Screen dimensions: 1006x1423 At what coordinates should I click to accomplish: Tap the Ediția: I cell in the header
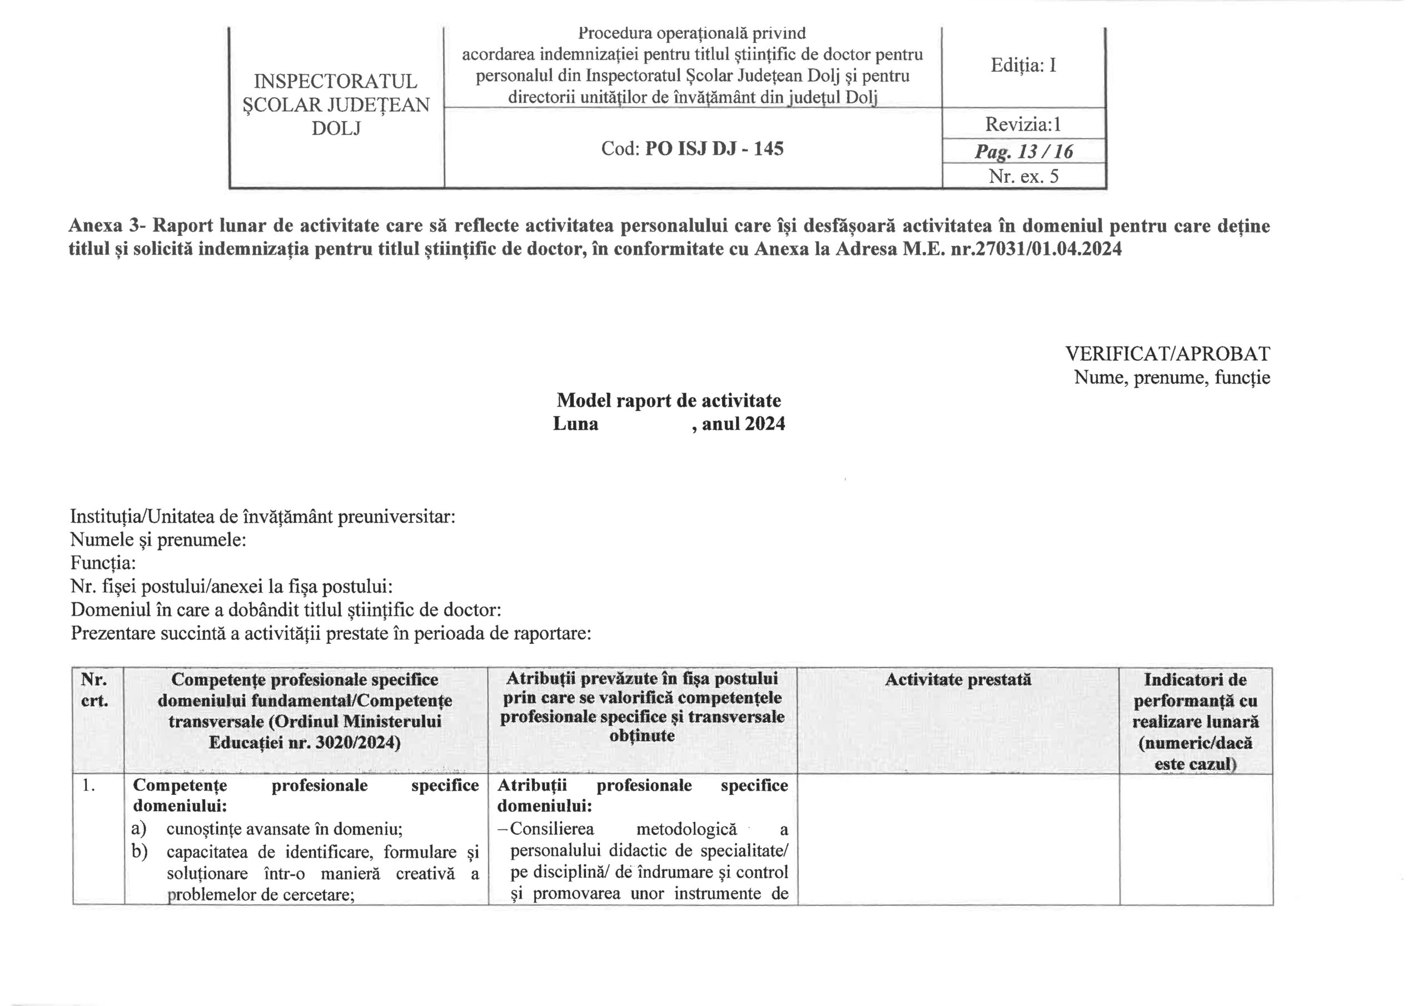click(x=1023, y=65)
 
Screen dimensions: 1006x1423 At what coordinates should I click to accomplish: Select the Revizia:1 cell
click(x=1023, y=124)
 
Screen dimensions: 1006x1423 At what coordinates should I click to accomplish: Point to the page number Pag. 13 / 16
click(x=1023, y=151)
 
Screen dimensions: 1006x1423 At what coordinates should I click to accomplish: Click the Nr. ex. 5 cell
click(x=1023, y=177)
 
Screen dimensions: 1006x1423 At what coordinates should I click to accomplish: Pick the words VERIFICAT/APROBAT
click(x=1167, y=354)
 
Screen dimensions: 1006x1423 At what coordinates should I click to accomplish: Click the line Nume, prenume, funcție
click(x=1171, y=377)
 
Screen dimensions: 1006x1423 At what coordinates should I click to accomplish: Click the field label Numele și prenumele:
click(x=158, y=539)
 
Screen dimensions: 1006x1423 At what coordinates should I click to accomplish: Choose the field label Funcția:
click(x=103, y=563)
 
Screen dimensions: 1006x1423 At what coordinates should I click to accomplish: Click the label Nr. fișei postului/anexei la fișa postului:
click(x=231, y=587)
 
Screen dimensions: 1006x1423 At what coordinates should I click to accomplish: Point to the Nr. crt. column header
click(x=94, y=690)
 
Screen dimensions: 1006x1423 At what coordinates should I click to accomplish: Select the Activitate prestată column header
click(x=958, y=679)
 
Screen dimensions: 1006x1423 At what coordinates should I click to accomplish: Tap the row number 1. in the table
click(x=88, y=785)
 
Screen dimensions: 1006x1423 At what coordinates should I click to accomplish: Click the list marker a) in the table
click(x=140, y=829)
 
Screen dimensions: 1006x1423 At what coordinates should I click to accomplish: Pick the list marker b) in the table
click(x=140, y=852)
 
